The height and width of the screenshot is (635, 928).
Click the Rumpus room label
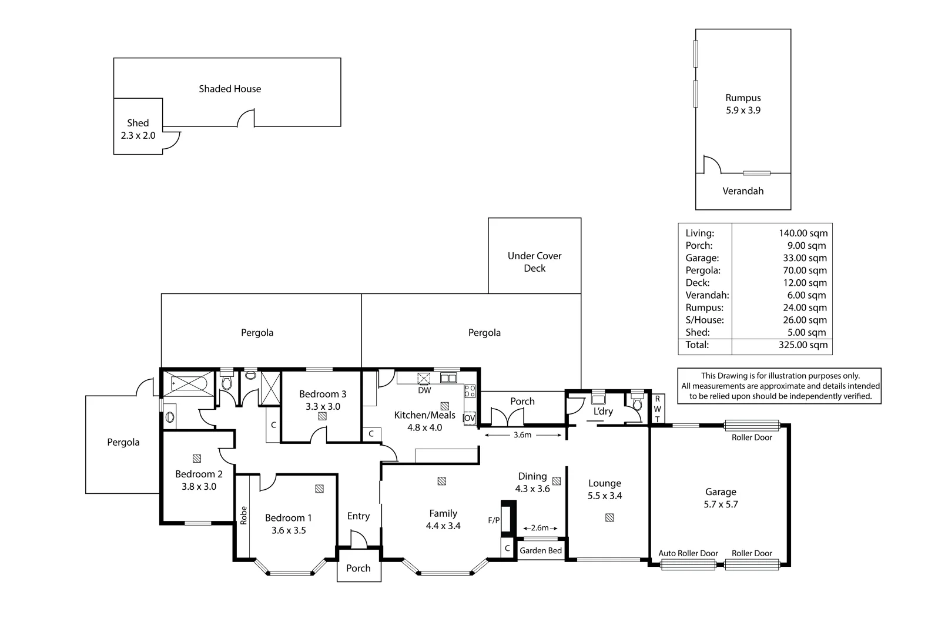point(743,98)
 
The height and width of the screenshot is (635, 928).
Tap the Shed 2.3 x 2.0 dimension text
point(138,136)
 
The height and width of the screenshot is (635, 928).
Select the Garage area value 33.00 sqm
point(805,258)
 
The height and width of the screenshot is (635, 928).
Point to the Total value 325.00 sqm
point(803,345)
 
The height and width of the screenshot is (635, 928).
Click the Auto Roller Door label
point(688,553)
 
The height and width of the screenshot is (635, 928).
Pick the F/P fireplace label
point(494,520)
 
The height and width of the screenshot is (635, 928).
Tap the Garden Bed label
point(541,550)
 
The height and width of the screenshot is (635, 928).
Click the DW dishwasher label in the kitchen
point(424,390)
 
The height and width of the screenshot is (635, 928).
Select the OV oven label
point(470,418)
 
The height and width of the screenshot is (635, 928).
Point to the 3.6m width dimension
point(522,435)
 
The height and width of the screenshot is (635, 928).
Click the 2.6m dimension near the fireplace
point(540,527)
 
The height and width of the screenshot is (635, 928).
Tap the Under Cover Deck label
point(534,262)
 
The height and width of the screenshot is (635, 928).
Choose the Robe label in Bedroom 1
point(243,515)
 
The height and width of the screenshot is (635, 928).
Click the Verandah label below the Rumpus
point(743,191)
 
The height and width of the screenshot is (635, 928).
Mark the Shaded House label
point(230,89)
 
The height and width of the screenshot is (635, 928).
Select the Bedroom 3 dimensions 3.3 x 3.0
point(323,407)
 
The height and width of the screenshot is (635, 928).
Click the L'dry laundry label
point(603,411)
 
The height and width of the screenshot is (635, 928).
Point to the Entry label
point(359,516)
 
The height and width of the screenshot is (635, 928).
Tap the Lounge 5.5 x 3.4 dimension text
point(604,496)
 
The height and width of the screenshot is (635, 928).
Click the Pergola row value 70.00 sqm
point(805,270)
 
